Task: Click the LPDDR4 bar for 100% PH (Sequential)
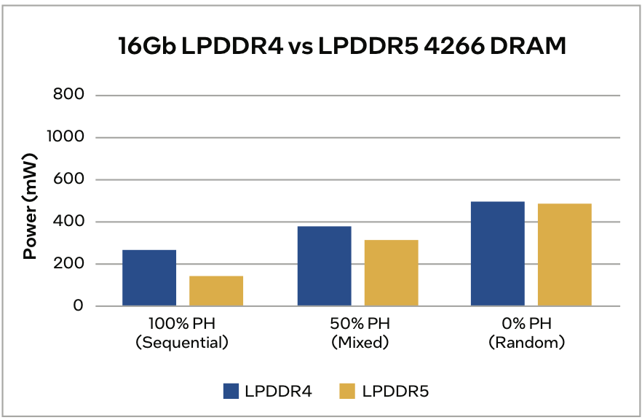point(149,278)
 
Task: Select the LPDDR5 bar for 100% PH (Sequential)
point(216,291)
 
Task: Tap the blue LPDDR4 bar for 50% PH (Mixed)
point(324,266)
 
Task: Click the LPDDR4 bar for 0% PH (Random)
point(498,254)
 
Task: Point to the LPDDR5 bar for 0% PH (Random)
point(565,254)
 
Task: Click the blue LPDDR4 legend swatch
point(231,392)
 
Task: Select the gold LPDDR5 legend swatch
point(347,392)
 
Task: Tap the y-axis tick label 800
point(69,95)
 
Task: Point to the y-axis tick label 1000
point(66,137)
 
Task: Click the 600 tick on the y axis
point(69,179)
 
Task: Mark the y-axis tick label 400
point(69,222)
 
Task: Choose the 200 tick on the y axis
point(69,264)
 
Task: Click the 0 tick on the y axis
point(78,306)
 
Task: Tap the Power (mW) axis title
point(30,206)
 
